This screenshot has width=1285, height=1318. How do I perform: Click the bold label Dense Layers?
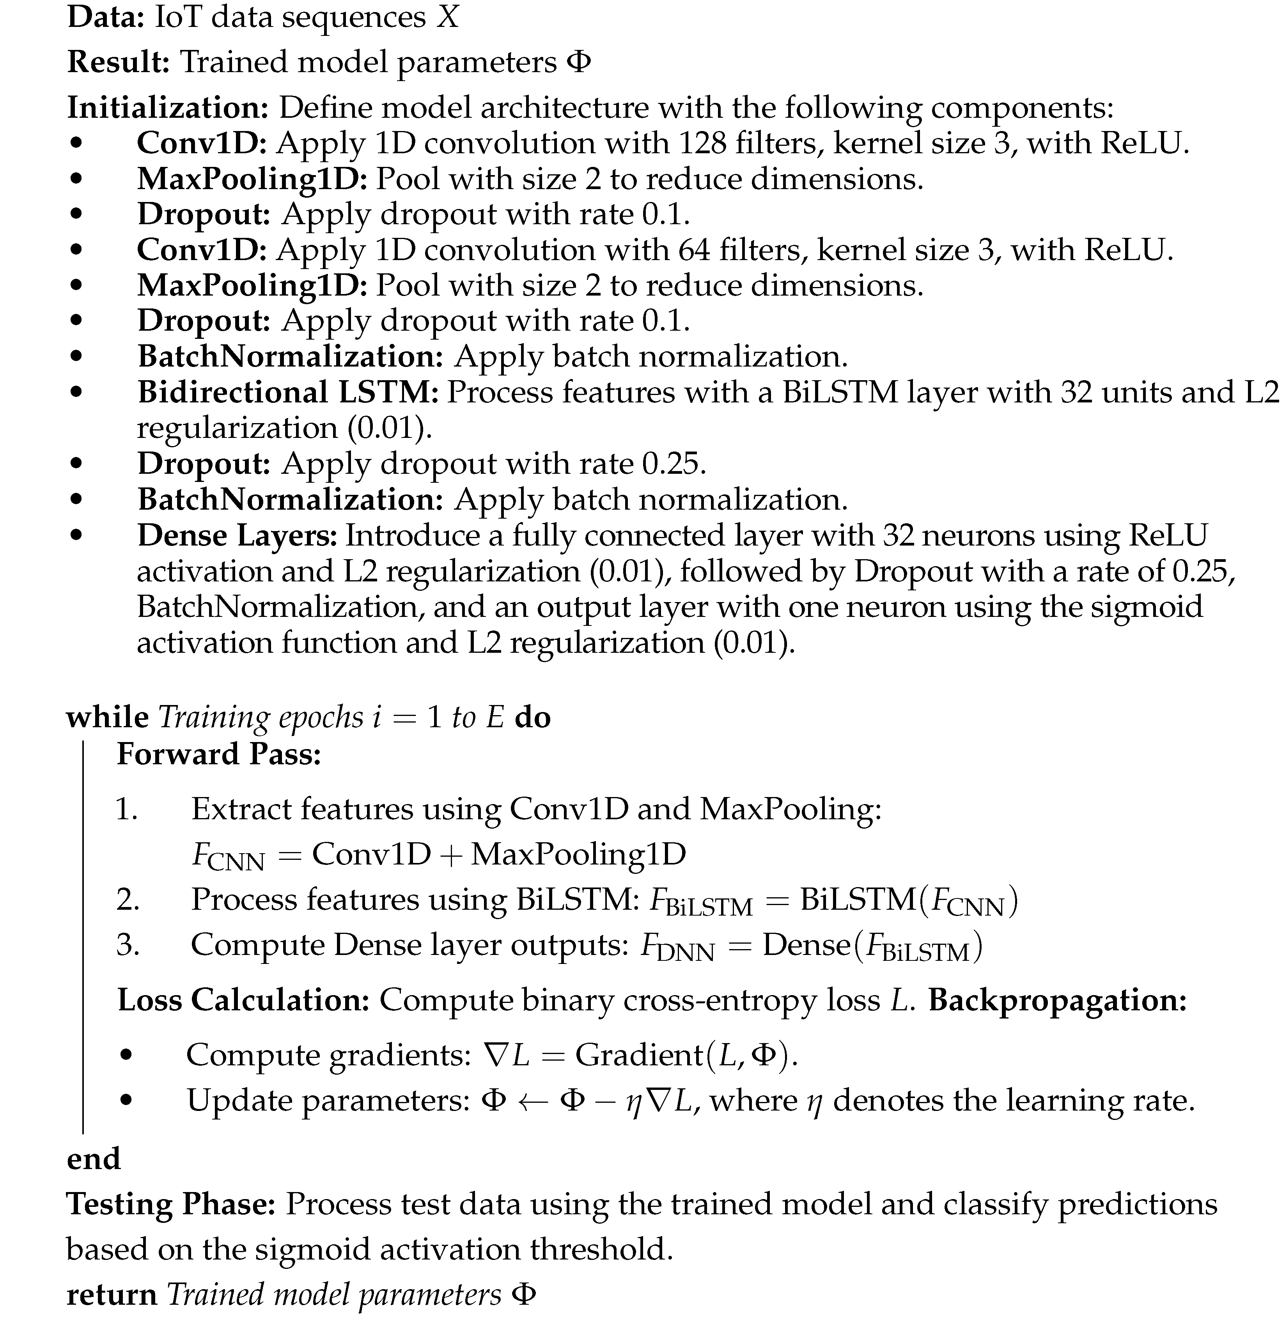click(x=237, y=535)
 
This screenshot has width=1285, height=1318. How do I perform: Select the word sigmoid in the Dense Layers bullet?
click(x=1156, y=606)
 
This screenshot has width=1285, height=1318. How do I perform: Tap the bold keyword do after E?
click(x=532, y=717)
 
